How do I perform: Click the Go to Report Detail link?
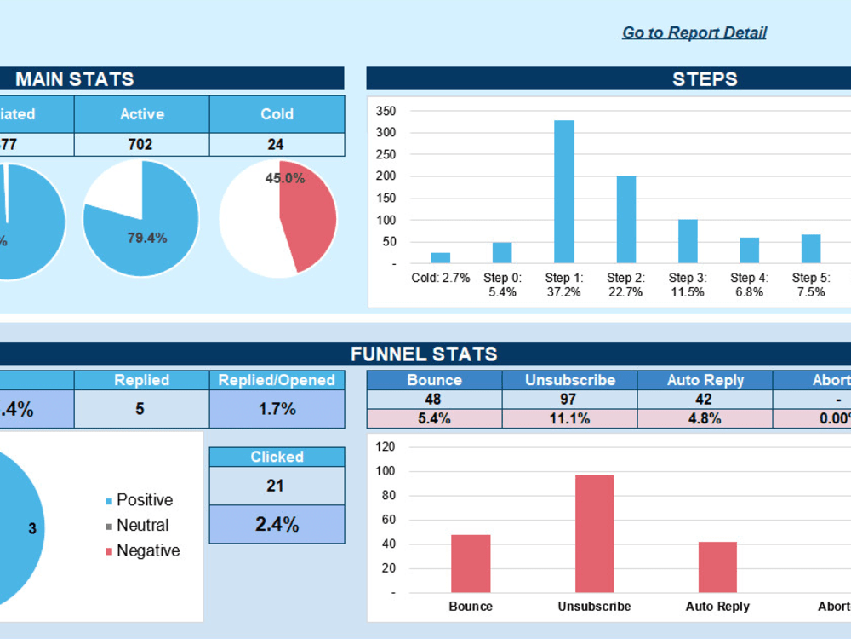coord(694,33)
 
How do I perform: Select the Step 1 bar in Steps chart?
coord(564,192)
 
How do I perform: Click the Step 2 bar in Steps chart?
coord(626,220)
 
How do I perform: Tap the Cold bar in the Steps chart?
coord(440,257)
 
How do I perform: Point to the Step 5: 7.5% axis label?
coord(810,285)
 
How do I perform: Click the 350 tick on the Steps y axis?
coord(386,111)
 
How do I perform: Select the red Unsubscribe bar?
coord(594,533)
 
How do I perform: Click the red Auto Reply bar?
coord(717,567)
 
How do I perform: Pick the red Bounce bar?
coord(471,563)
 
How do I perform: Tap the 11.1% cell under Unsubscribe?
coord(568,418)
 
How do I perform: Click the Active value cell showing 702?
coord(140,145)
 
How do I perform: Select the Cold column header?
coord(277,114)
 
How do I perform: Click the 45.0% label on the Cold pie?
coord(284,178)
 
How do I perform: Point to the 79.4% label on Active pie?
coord(147,238)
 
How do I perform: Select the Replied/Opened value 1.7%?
coord(277,409)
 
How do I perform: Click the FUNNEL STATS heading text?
coord(424,354)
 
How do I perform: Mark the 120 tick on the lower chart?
coord(386,446)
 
